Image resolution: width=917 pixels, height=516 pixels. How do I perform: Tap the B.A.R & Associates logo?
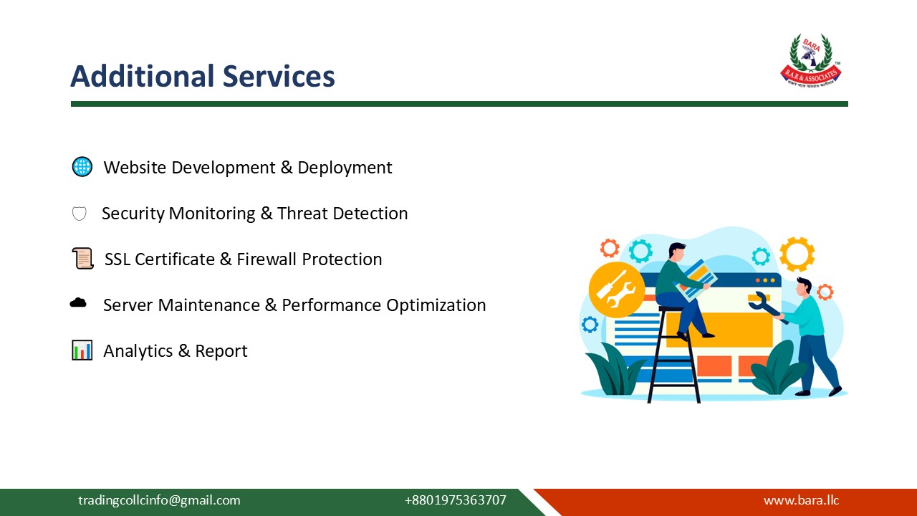(810, 61)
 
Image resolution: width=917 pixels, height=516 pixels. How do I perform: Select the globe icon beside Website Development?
(82, 167)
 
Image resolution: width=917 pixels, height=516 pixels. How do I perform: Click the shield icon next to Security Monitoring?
(80, 214)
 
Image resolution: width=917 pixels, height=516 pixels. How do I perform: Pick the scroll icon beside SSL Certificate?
(82, 259)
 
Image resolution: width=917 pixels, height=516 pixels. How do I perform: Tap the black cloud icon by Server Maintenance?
(78, 303)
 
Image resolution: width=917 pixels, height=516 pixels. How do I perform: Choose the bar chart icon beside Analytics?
(82, 350)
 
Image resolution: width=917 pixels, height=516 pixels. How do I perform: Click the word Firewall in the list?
(267, 259)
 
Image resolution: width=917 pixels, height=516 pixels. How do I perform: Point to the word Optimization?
(436, 305)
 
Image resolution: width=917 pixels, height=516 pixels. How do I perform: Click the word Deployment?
(345, 168)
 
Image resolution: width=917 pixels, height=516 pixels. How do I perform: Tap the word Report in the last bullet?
(221, 351)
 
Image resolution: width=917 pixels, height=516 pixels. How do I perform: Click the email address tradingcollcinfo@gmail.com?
(159, 500)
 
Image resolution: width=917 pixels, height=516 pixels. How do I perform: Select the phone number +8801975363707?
(455, 500)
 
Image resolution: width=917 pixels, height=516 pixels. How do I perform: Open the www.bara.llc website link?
(801, 500)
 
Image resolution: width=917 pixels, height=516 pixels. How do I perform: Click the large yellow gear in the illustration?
(797, 254)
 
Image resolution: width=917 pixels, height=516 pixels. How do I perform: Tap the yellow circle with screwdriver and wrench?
(611, 290)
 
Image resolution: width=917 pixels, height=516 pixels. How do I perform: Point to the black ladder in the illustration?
(673, 358)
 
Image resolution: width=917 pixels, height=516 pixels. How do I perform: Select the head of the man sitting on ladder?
(676, 251)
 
